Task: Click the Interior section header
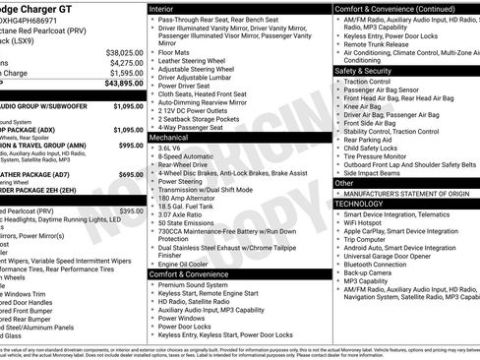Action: point(163,7)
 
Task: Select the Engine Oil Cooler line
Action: point(184,263)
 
